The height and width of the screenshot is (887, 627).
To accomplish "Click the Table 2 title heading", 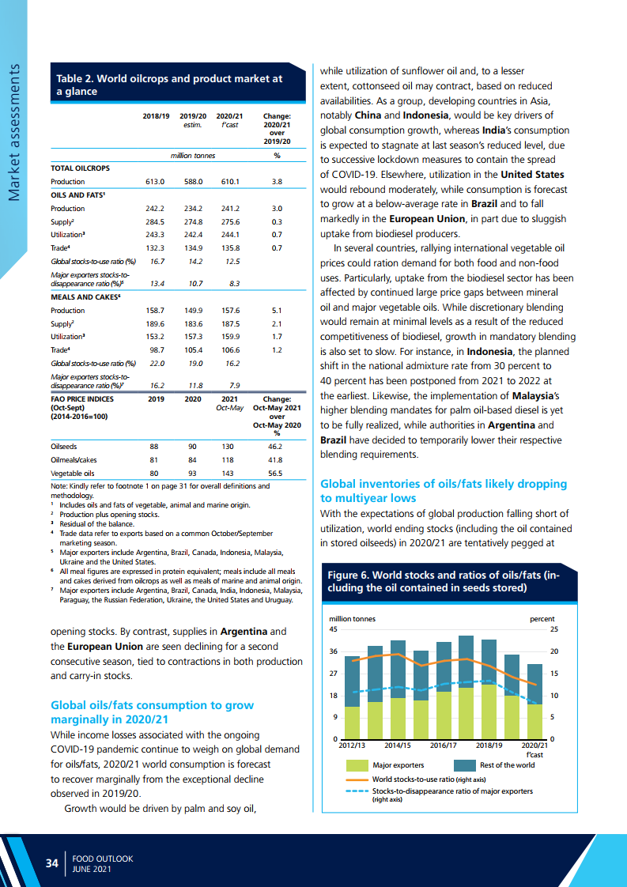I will pos(169,85).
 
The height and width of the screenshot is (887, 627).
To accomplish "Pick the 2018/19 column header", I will pos(156,116).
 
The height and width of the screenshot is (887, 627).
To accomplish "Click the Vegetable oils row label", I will pos(72,473).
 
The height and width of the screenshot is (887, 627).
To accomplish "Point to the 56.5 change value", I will pos(276,473).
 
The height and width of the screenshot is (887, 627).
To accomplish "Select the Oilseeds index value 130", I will pos(229,446).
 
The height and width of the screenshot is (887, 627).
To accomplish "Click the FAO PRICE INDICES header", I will pos(82,400).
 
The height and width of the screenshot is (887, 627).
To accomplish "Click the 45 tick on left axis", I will pos(334,629).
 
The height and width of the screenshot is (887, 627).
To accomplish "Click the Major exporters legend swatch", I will pos(357,765).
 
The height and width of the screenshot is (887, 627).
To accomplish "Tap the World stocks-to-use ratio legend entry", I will pos(428,779).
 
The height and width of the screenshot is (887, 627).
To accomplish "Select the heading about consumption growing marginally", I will pos(152,712).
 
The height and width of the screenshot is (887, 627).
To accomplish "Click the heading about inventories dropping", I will pos(443,490).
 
